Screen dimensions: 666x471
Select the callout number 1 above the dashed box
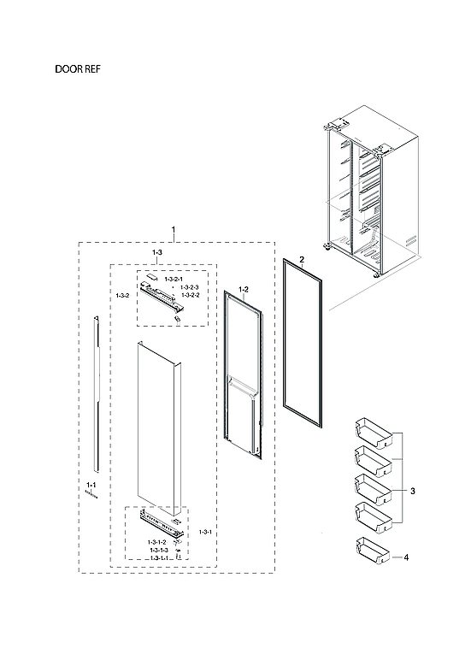coord(174,231)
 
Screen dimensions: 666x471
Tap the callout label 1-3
coord(157,254)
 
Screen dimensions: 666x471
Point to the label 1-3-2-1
coord(174,280)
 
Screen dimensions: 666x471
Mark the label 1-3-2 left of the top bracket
coord(122,295)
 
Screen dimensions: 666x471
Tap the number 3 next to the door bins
coord(412,492)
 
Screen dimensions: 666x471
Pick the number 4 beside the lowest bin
coord(406,557)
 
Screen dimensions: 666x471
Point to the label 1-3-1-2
coord(156,542)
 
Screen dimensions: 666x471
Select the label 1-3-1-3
coord(156,550)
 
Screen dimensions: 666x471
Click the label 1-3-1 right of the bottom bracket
coord(205,533)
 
